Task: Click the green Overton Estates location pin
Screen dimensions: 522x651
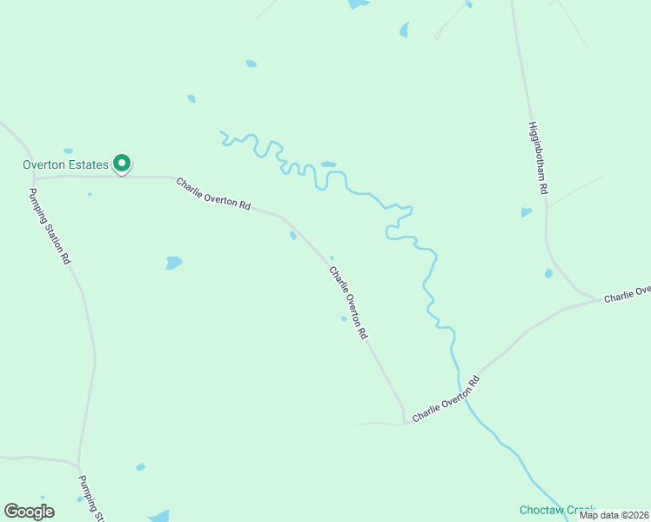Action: [x=123, y=163]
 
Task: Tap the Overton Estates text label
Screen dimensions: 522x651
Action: [x=65, y=164]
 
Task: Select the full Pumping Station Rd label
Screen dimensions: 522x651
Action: [x=50, y=227]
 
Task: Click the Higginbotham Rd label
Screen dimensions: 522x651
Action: [x=537, y=157]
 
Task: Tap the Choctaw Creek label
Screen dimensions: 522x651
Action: [x=557, y=509]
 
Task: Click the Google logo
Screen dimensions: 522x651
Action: [x=29, y=512]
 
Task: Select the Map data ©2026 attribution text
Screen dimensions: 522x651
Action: [x=614, y=515]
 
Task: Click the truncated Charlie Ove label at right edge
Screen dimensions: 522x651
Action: [x=628, y=294]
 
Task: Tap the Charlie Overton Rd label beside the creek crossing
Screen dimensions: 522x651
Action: [x=446, y=398]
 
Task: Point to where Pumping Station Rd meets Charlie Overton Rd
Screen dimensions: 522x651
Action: [x=34, y=178]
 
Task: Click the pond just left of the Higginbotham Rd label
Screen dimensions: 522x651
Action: [x=526, y=211]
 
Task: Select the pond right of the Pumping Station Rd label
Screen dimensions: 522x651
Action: [x=174, y=262]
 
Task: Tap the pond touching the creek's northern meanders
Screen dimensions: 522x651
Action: [x=328, y=164]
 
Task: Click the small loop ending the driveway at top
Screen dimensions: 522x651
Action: [x=438, y=36]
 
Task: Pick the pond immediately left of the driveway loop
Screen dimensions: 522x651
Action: [x=404, y=30]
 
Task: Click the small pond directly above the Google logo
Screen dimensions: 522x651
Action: [x=79, y=499]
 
